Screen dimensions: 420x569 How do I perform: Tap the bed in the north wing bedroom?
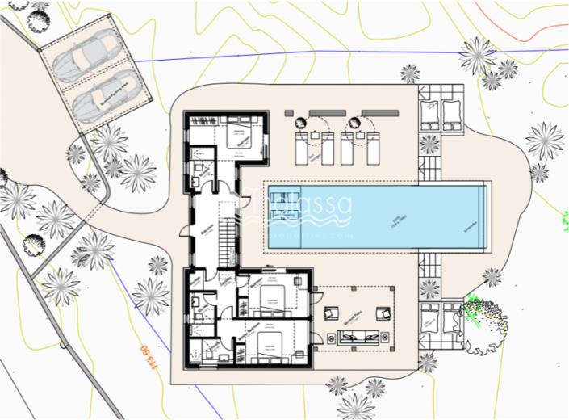coord(240,138)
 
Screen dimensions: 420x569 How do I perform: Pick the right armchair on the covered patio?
coord(386,313)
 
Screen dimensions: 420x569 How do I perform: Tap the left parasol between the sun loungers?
coord(301,124)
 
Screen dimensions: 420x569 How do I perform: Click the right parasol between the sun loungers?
coord(354,124)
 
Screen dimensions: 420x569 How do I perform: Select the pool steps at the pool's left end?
coord(275,217)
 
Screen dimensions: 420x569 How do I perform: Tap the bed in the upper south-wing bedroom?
coord(273,296)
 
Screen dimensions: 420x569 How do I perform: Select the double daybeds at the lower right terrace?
coord(441,321)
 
